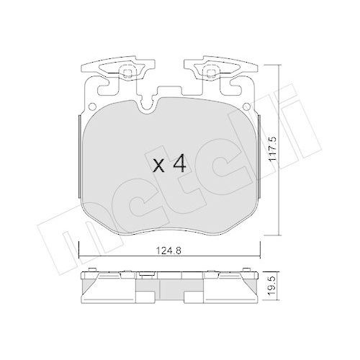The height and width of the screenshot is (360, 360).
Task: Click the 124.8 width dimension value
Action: point(168,251)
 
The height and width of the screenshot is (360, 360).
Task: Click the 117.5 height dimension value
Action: point(273,149)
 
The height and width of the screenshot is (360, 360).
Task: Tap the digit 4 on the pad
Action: point(179,163)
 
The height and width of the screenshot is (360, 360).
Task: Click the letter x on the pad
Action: point(159,166)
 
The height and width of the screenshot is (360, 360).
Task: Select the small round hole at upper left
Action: point(92,107)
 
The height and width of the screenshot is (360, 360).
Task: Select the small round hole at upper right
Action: point(247,107)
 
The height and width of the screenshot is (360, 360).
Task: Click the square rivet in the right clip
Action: point(210,73)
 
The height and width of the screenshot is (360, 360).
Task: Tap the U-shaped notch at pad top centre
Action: point(148,106)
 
